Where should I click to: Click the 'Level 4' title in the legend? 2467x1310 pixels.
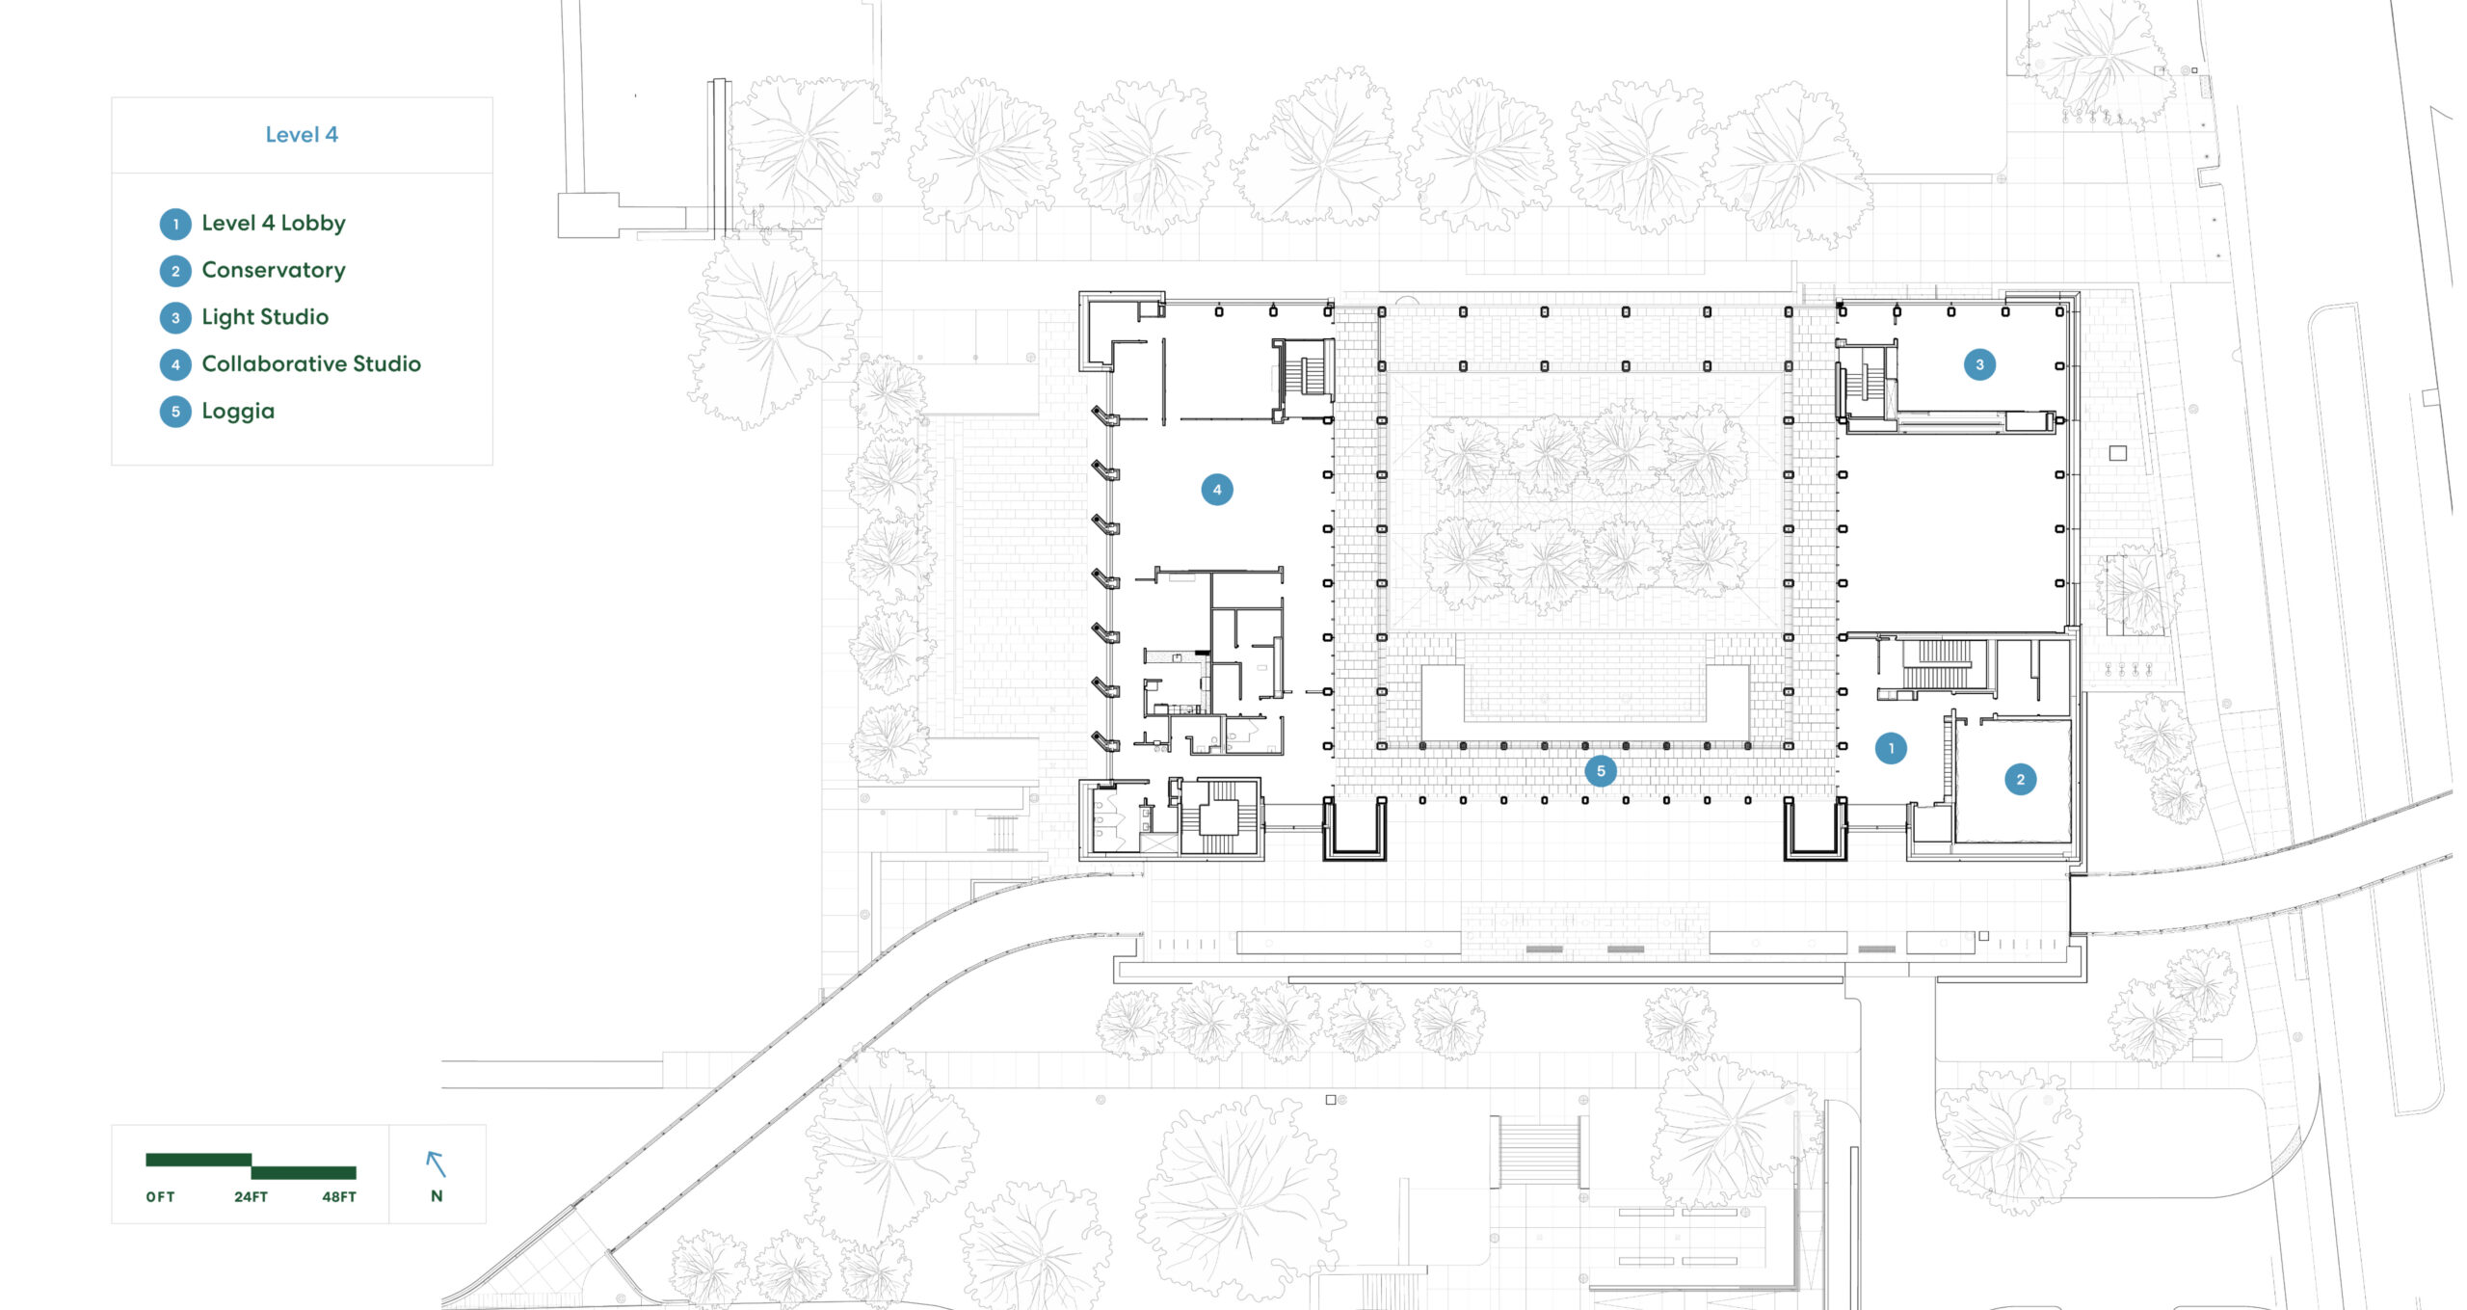tap(302, 135)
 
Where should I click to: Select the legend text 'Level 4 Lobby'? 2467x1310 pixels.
tap(274, 224)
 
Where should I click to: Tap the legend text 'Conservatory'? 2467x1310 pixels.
tap(274, 270)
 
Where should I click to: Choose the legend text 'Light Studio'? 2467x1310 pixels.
tap(265, 317)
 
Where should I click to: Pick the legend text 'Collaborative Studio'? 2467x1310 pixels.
tap(311, 363)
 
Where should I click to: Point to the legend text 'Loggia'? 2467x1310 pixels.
tap(238, 412)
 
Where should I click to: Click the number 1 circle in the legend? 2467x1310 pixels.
tap(175, 224)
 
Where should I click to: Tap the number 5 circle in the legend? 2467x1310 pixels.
tap(175, 412)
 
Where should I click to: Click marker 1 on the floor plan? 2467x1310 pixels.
tap(1891, 748)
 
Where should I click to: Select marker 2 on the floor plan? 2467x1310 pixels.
tap(2021, 779)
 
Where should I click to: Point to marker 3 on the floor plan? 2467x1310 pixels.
tap(1980, 364)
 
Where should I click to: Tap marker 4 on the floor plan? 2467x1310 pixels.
tap(1217, 490)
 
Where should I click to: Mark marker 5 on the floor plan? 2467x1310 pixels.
tap(1601, 771)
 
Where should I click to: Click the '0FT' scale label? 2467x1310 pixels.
tap(161, 1197)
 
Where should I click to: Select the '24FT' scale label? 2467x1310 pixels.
tap(251, 1197)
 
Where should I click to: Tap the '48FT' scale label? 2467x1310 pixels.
tap(339, 1197)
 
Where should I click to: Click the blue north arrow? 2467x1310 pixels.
tap(437, 1164)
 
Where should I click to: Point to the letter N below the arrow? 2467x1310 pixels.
tap(437, 1196)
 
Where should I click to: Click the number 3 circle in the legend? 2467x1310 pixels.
tap(175, 317)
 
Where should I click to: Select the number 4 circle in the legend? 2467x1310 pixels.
tap(175, 364)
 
